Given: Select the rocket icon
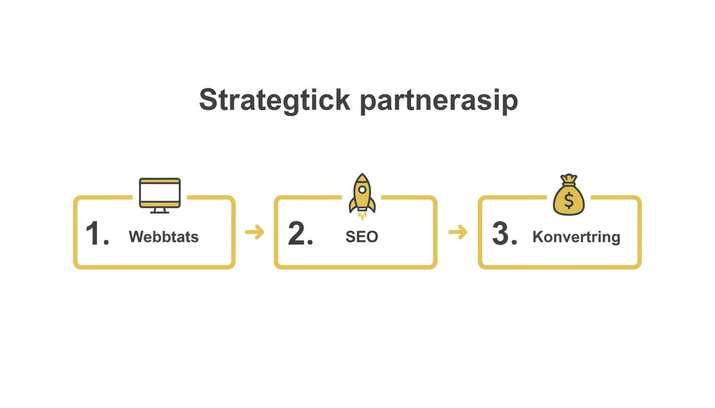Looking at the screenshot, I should [362, 194].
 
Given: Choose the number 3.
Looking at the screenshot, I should [504, 234].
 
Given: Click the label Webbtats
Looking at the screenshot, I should [163, 236].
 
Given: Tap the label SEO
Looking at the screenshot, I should [362, 236].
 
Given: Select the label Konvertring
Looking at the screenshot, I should [576, 236].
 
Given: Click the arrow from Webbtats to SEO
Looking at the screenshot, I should [255, 232].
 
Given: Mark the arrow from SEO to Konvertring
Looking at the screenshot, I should [458, 232].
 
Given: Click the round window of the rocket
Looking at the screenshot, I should [362, 189].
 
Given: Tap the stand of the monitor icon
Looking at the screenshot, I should [160, 210].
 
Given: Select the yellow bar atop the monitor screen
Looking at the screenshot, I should [160, 182].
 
